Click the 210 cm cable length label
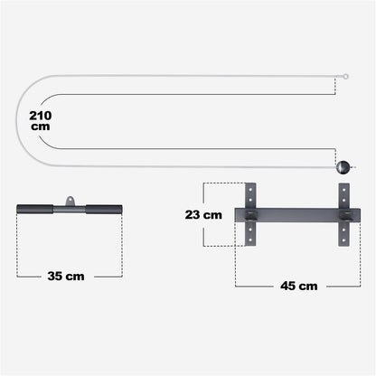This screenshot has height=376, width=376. pos(40,121)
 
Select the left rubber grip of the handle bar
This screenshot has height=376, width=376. pos(34,210)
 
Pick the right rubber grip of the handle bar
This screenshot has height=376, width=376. pos(103,210)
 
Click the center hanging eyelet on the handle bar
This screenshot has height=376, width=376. pos(69,199)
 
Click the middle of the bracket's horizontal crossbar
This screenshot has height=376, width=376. pos(296,215)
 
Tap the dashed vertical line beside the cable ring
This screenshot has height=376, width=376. pos(346,90)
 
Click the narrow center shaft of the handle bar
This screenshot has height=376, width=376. pos(69,210)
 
